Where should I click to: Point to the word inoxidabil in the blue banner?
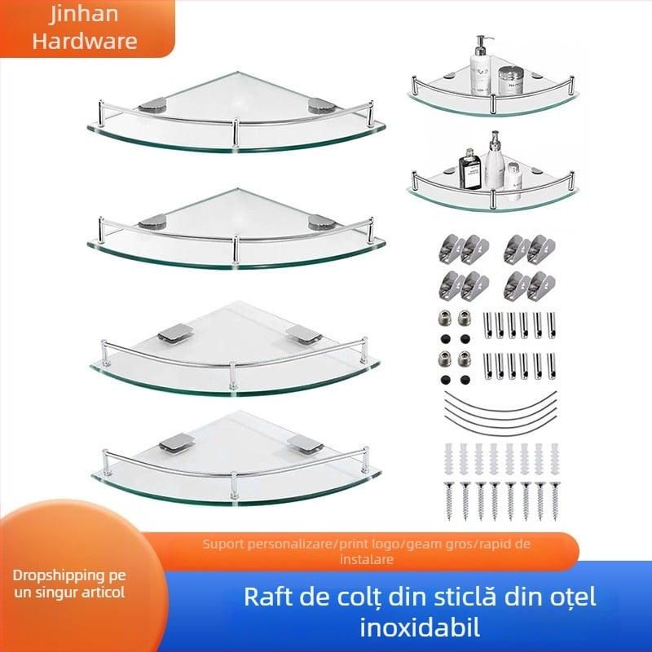421,628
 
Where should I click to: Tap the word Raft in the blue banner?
267,597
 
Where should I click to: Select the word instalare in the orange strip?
368,559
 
